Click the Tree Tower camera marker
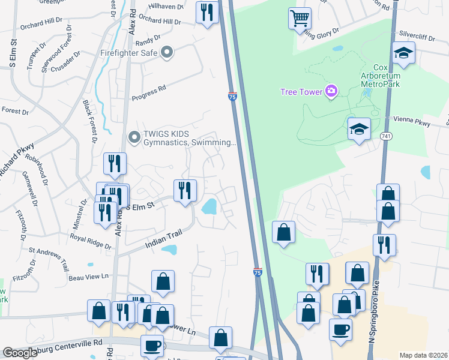[330, 91]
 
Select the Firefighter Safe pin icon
[167, 53]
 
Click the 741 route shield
[383, 137]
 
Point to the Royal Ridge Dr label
[90, 241]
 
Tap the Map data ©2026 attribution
[423, 355]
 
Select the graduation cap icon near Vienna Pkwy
[359, 129]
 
